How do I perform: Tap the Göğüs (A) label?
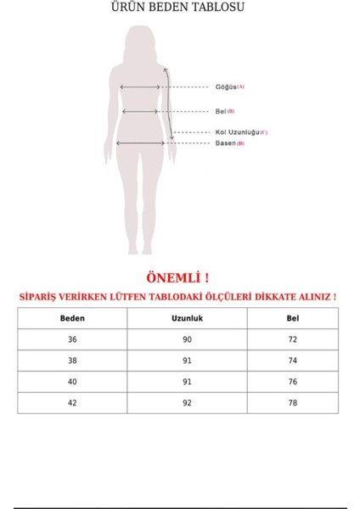(x=228, y=87)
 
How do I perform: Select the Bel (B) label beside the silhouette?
(x=224, y=111)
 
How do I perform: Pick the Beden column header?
(x=72, y=318)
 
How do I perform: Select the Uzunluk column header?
(x=188, y=318)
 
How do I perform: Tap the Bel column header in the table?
(x=293, y=318)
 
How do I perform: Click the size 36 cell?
(x=72, y=339)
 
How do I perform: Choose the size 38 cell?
(x=72, y=361)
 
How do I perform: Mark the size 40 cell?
(x=72, y=382)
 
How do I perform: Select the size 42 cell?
(x=72, y=403)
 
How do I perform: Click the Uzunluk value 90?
(x=188, y=339)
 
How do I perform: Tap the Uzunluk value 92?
(x=188, y=403)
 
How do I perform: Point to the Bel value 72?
(x=293, y=339)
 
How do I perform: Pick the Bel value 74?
(x=293, y=361)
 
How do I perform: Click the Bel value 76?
(x=293, y=382)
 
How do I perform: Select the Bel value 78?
(x=293, y=403)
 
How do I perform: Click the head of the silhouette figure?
(x=140, y=39)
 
